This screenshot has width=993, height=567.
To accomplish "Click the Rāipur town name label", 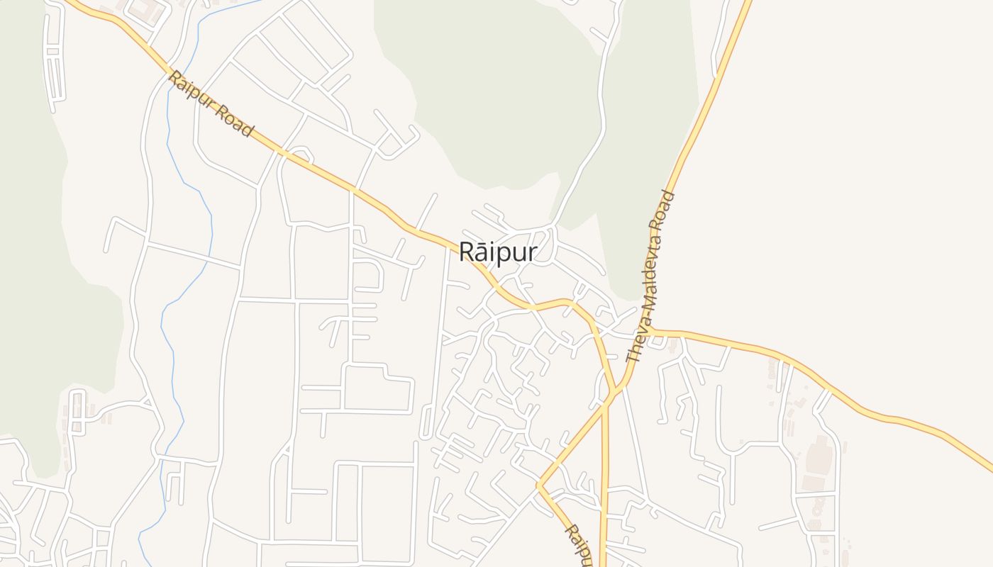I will click(x=498, y=252).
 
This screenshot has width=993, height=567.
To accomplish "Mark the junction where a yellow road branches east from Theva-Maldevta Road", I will click(x=651, y=331).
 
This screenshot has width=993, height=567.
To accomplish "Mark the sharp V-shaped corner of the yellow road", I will click(x=539, y=485).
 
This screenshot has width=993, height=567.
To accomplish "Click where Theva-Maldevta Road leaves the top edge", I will click(x=749, y=3).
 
